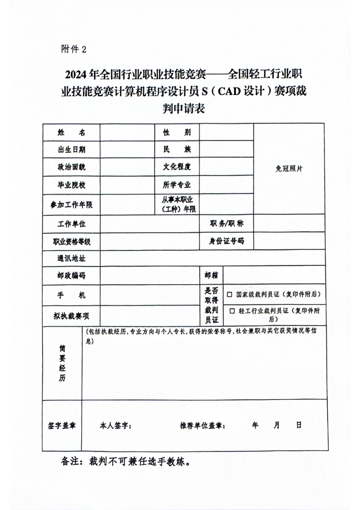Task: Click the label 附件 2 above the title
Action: (74, 49)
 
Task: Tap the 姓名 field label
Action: (71, 132)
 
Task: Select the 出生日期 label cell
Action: (71, 150)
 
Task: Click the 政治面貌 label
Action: (71, 167)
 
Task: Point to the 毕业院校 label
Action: (71, 185)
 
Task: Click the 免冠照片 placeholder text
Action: (289, 168)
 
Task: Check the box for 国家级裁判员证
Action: (230, 294)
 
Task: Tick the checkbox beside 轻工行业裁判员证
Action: (232, 311)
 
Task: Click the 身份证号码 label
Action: (226, 241)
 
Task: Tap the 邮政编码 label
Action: (71, 275)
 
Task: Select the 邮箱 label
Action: (211, 275)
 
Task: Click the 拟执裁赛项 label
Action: (71, 316)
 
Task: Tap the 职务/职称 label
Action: (226, 224)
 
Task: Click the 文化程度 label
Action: (177, 167)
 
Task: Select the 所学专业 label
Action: (177, 185)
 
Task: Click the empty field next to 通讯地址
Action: (213, 258)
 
